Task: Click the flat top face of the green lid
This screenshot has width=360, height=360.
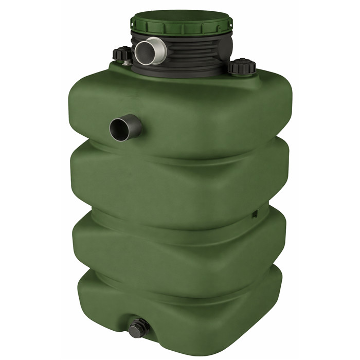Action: pyautogui.click(x=181, y=17)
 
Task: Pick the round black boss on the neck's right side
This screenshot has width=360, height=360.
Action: pyautogui.click(x=226, y=49)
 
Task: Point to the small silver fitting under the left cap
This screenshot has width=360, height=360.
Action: pyautogui.click(x=126, y=63)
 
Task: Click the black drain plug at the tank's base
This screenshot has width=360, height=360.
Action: pyautogui.click(x=137, y=328)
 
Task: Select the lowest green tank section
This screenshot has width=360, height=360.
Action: pyautogui.click(x=195, y=309)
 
